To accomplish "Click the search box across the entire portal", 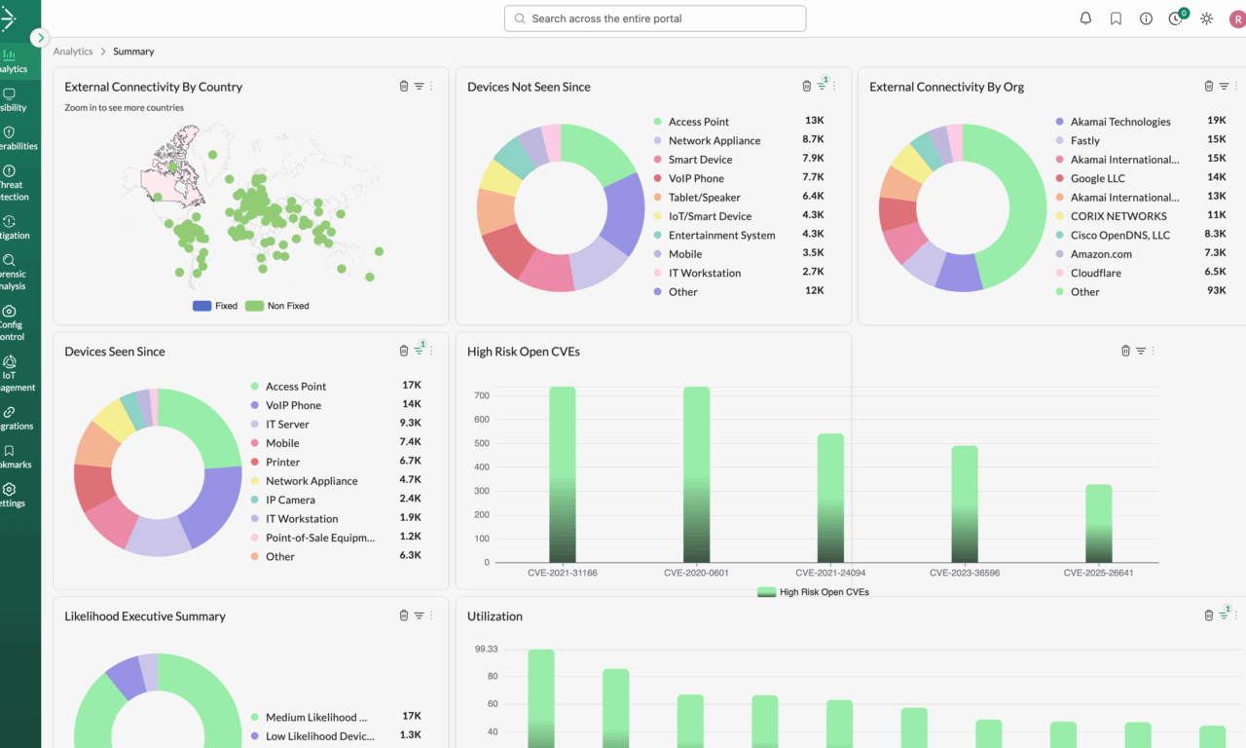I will pos(654,19).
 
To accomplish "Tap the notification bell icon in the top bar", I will pos(1085,19).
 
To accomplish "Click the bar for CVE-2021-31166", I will pos(563,474).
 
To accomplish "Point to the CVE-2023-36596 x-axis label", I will pos(964,573).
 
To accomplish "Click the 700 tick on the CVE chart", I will pos(481,395).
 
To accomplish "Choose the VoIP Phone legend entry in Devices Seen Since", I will pos(293,405).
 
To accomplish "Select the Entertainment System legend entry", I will pos(721,235).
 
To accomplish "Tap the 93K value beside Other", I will pos(1216,291).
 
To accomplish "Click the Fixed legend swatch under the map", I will pos(202,306).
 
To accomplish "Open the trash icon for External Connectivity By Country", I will pos(404,87).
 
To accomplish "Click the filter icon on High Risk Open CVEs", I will pos(1141,351).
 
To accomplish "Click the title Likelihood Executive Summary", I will pos(145,617).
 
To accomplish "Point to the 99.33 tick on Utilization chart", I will pos(486,649).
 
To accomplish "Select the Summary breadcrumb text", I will pos(133,52).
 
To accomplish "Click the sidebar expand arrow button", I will pos(39,38).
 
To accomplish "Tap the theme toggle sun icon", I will pos(1206,19).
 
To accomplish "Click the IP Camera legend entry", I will pos(290,500).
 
